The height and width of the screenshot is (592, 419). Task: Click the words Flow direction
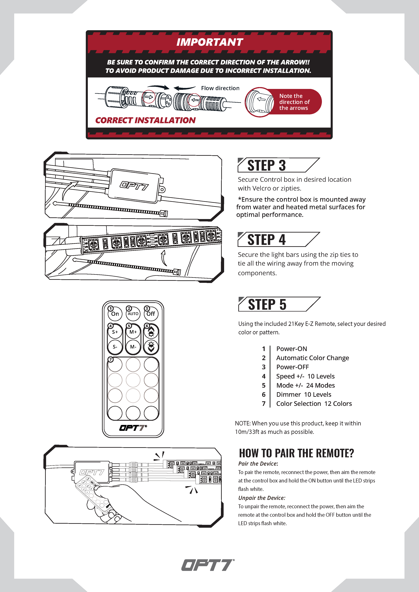[220, 88]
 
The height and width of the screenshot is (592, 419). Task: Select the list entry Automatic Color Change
[312, 358]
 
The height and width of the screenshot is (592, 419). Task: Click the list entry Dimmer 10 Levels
[304, 395]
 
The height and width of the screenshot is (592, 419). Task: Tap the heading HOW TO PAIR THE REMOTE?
[296, 453]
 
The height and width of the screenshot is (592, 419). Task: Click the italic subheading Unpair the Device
[262, 498]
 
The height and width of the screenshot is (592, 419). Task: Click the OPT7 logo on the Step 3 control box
[134, 186]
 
